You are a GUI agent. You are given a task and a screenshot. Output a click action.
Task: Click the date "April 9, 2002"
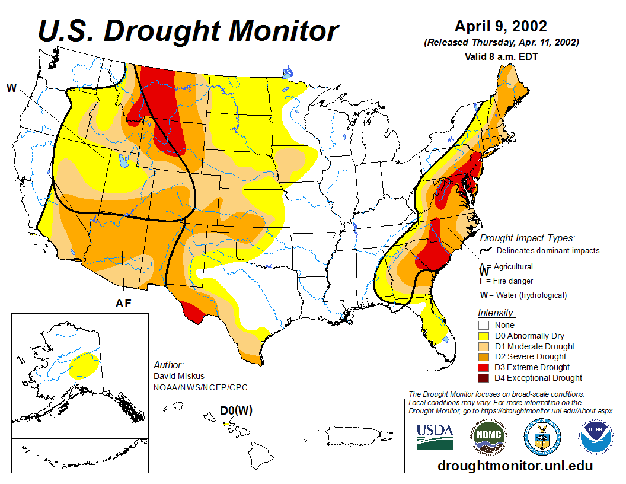click(500, 27)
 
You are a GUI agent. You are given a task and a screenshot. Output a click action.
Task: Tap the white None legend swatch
click(484, 325)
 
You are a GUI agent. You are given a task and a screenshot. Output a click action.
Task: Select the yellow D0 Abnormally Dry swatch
click(484, 336)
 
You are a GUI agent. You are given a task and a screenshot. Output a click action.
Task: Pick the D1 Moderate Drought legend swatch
click(484, 346)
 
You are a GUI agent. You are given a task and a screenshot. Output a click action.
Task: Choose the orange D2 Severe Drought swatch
click(484, 356)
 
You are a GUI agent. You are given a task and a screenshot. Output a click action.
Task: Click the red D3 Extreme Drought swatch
click(484, 367)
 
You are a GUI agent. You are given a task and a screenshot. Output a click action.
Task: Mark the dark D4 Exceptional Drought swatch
click(484, 378)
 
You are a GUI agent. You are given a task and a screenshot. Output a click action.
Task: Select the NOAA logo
click(594, 437)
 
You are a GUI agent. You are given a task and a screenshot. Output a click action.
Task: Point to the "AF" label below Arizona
click(123, 304)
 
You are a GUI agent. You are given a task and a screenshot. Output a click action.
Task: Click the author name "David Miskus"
click(179, 376)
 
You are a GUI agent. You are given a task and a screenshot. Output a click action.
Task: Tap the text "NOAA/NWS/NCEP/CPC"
click(200, 387)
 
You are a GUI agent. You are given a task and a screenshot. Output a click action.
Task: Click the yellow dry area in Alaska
click(87, 362)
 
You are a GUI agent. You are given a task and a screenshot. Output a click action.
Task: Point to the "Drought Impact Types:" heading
click(527, 238)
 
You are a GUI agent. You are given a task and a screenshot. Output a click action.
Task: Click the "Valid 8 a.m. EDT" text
click(500, 56)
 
